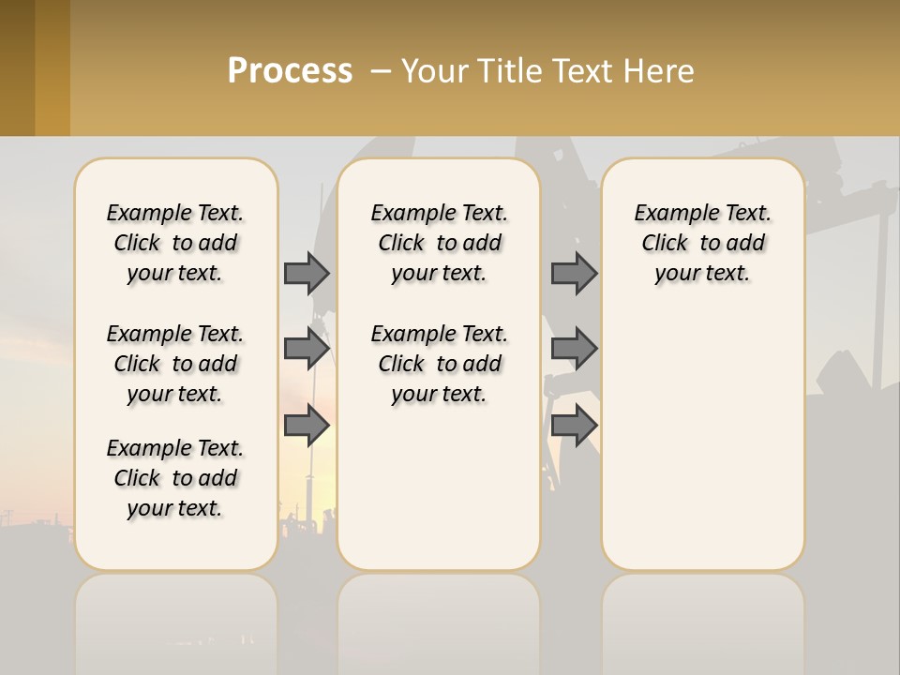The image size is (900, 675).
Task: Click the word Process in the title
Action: pyautogui.click(x=290, y=71)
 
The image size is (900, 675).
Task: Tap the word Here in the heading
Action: pyautogui.click(x=659, y=71)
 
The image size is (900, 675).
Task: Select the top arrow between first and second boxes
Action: pyautogui.click(x=307, y=273)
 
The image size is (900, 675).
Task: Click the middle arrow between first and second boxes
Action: pyautogui.click(x=307, y=349)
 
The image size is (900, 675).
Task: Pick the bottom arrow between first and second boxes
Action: pyautogui.click(x=307, y=426)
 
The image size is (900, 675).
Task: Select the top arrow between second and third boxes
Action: pyautogui.click(x=574, y=273)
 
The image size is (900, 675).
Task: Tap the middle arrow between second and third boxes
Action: pyautogui.click(x=574, y=349)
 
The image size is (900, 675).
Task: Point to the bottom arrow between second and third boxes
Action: pyautogui.click(x=574, y=426)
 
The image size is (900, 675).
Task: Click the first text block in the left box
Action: pyautogui.click(x=175, y=243)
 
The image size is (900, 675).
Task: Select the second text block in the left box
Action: pyautogui.click(x=175, y=364)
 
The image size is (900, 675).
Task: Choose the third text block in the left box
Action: pyautogui.click(x=175, y=478)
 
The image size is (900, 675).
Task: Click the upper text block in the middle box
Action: pyautogui.click(x=439, y=243)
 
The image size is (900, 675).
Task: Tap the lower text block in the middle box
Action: pyautogui.click(x=439, y=364)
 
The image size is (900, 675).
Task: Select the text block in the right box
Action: pyautogui.click(x=702, y=243)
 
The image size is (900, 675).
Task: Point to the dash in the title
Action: pyautogui.click(x=381, y=72)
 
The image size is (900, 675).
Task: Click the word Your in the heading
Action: pyautogui.click(x=433, y=71)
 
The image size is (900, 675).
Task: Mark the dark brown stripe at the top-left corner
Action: pyautogui.click(x=17, y=67)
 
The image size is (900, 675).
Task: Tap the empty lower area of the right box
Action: pyautogui.click(x=702, y=450)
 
